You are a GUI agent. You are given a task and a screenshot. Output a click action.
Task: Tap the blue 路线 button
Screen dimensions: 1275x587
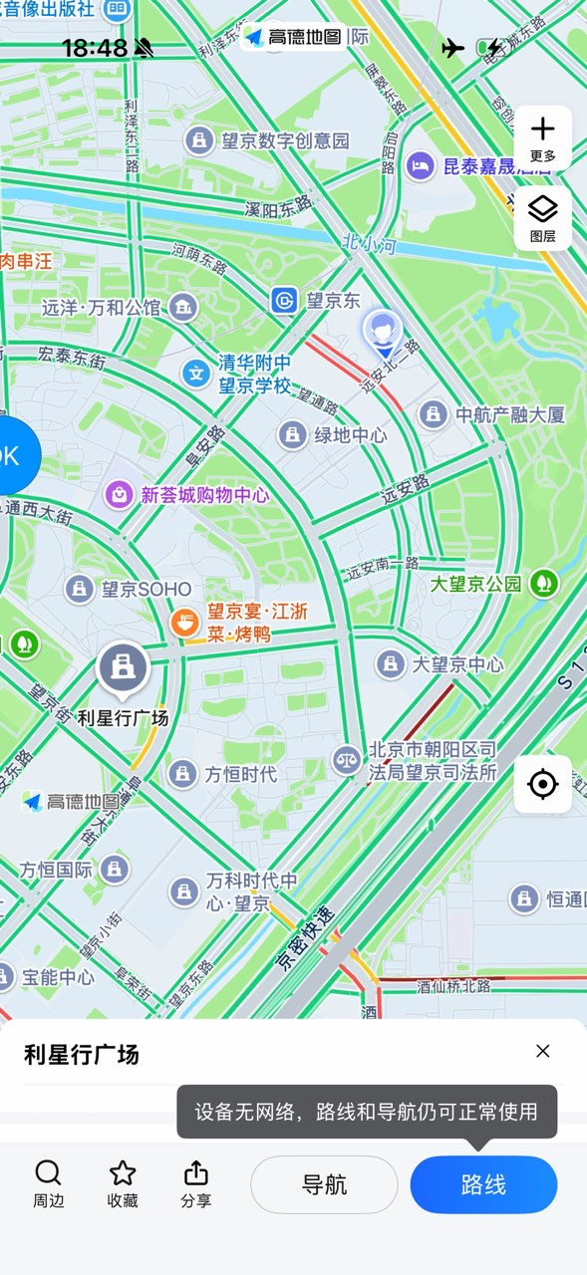pyautogui.click(x=483, y=1184)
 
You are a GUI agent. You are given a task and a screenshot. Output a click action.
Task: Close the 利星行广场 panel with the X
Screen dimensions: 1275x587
pyautogui.click(x=542, y=1051)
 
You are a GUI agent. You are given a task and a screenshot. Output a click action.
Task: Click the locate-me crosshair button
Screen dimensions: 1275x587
pyautogui.click(x=542, y=785)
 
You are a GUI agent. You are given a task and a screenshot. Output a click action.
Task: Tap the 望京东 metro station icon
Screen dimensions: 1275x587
pyautogui.click(x=285, y=300)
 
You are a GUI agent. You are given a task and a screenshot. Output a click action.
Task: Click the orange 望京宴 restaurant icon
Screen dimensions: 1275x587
pyautogui.click(x=183, y=624)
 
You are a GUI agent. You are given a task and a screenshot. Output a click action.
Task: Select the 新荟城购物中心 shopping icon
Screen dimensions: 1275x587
pyautogui.click(x=120, y=494)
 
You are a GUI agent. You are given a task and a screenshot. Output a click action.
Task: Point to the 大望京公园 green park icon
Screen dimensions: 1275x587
pyautogui.click(x=543, y=584)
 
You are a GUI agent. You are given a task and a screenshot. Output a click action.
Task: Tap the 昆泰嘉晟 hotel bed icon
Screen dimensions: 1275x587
pyautogui.click(x=421, y=165)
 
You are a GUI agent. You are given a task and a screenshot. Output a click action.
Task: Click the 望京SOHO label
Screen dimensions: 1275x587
pyautogui.click(x=146, y=589)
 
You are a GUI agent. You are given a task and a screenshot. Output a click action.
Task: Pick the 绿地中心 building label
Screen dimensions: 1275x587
pyautogui.click(x=351, y=435)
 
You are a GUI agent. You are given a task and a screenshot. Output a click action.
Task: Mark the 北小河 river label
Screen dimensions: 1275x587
pyautogui.click(x=364, y=241)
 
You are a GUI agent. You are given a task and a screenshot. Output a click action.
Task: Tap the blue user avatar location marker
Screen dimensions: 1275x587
pyautogui.click(x=383, y=332)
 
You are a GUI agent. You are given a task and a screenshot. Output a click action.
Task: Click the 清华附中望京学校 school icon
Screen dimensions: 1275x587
pyautogui.click(x=196, y=374)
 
